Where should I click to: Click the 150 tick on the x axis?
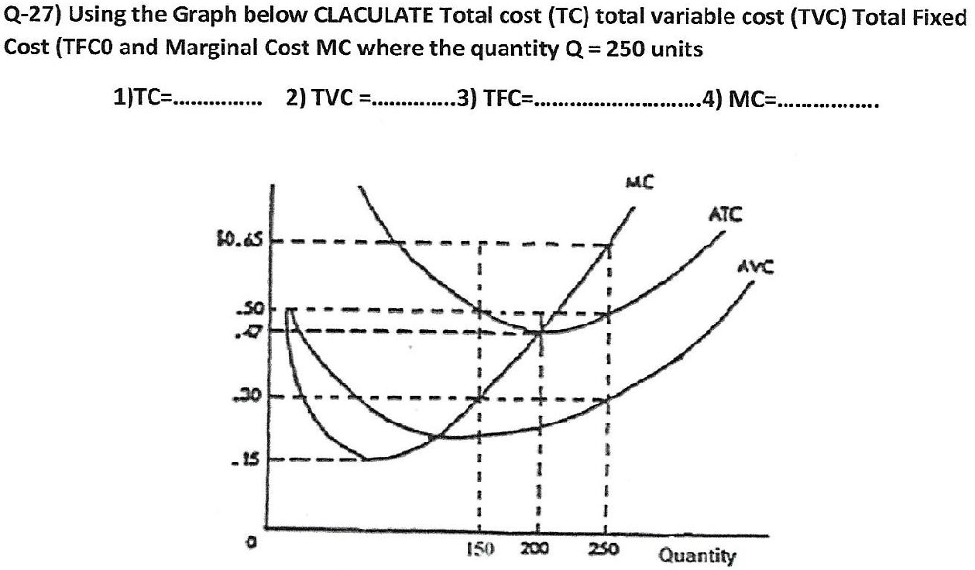477,550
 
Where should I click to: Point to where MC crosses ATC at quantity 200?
541,331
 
